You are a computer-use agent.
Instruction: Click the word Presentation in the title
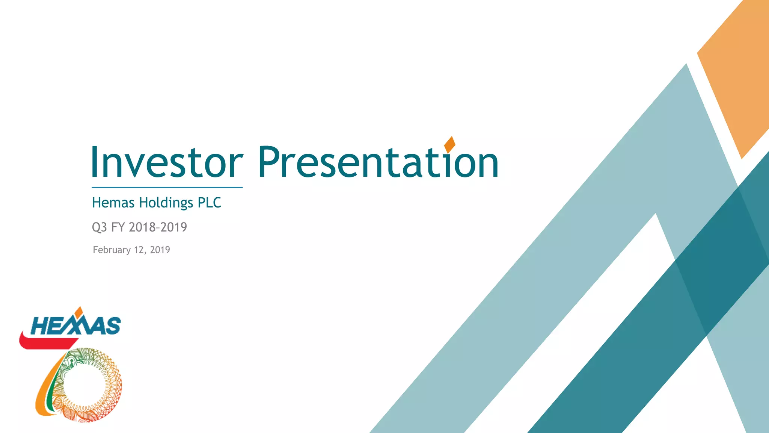[x=378, y=162]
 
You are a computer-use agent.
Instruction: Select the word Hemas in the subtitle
[x=113, y=203]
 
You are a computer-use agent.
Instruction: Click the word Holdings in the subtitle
[x=166, y=203]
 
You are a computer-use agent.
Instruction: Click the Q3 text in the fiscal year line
[x=100, y=227]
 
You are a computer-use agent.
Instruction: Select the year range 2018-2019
[x=158, y=227]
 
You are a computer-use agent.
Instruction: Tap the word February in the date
[x=112, y=250]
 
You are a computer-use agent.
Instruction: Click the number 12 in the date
[x=139, y=250]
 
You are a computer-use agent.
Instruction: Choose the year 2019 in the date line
[x=160, y=250]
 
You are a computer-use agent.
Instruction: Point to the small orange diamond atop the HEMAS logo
[x=78, y=311]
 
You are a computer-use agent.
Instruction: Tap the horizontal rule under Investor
[x=167, y=187]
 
